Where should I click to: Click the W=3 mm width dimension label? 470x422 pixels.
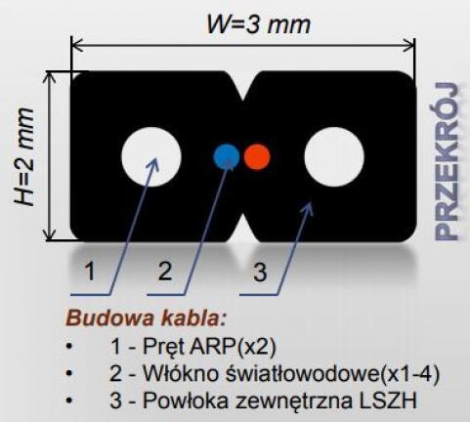pyautogui.click(x=259, y=24)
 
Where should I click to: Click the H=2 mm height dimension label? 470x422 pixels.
pyautogui.click(x=24, y=156)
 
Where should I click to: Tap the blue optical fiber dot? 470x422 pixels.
pyautogui.click(x=227, y=156)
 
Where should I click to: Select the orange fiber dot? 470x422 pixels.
pyautogui.click(x=257, y=156)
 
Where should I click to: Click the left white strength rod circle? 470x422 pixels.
pyautogui.click(x=151, y=156)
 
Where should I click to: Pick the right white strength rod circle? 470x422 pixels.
pyautogui.click(x=334, y=156)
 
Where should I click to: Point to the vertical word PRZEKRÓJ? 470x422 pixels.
pyautogui.click(x=448, y=161)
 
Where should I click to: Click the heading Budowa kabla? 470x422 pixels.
pyautogui.click(x=146, y=318)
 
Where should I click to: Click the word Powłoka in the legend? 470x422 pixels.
pyautogui.click(x=186, y=401)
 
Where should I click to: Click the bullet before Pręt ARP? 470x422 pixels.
pyautogui.click(x=68, y=346)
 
